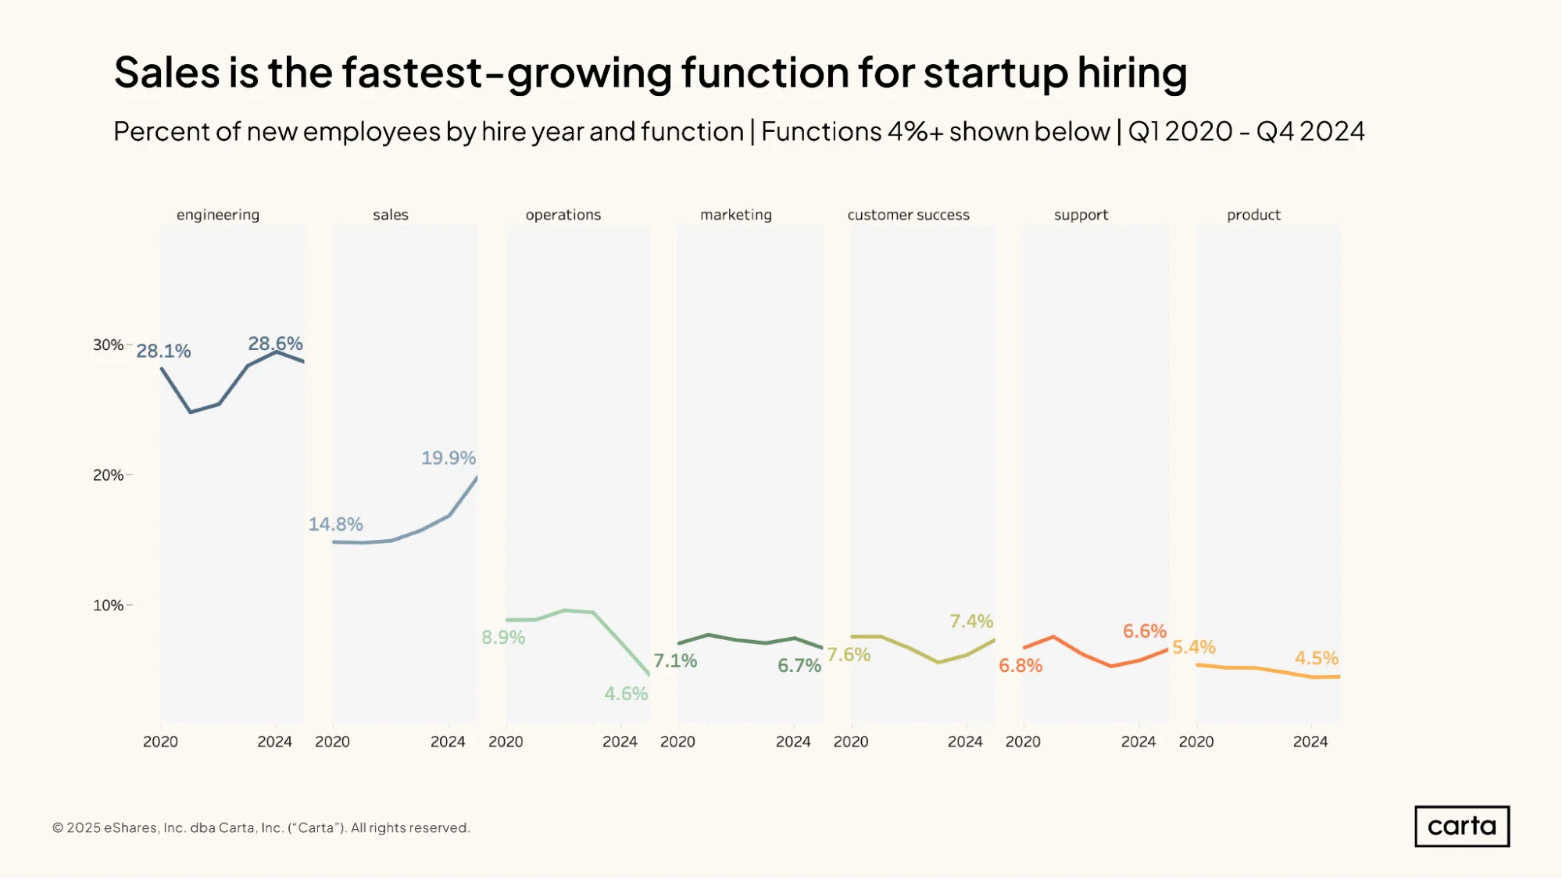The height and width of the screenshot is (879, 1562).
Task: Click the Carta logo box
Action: [x=1461, y=826]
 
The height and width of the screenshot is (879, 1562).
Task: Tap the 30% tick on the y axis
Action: [x=108, y=345]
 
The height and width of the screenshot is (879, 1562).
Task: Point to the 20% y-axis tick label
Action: [x=108, y=475]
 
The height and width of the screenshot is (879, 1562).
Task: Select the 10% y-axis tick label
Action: [x=108, y=606]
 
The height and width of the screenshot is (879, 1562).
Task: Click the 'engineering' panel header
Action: [x=218, y=215]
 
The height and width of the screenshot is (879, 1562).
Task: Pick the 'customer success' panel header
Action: [x=908, y=215]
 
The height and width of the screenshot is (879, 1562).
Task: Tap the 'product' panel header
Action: [x=1253, y=215]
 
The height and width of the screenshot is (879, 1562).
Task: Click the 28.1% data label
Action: [x=163, y=351]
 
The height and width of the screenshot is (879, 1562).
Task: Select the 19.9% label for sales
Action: [x=449, y=458]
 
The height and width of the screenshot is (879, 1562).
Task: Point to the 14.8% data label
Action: [x=335, y=524]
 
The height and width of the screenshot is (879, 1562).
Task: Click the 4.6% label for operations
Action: [x=626, y=694]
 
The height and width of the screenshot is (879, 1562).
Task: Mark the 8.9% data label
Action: [x=503, y=638]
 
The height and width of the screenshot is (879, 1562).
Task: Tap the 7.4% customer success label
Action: [x=971, y=621]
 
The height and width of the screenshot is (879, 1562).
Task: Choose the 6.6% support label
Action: [x=1145, y=631]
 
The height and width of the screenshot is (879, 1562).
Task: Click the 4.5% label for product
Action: [x=1317, y=658]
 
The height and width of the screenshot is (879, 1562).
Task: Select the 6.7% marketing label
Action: [x=799, y=666]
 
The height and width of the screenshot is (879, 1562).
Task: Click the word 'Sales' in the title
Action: [x=167, y=73]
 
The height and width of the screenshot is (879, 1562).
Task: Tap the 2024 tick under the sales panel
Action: [x=448, y=741]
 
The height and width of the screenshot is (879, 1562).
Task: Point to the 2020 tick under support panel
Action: [x=1023, y=741]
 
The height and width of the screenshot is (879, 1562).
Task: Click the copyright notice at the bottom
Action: [x=261, y=827]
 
